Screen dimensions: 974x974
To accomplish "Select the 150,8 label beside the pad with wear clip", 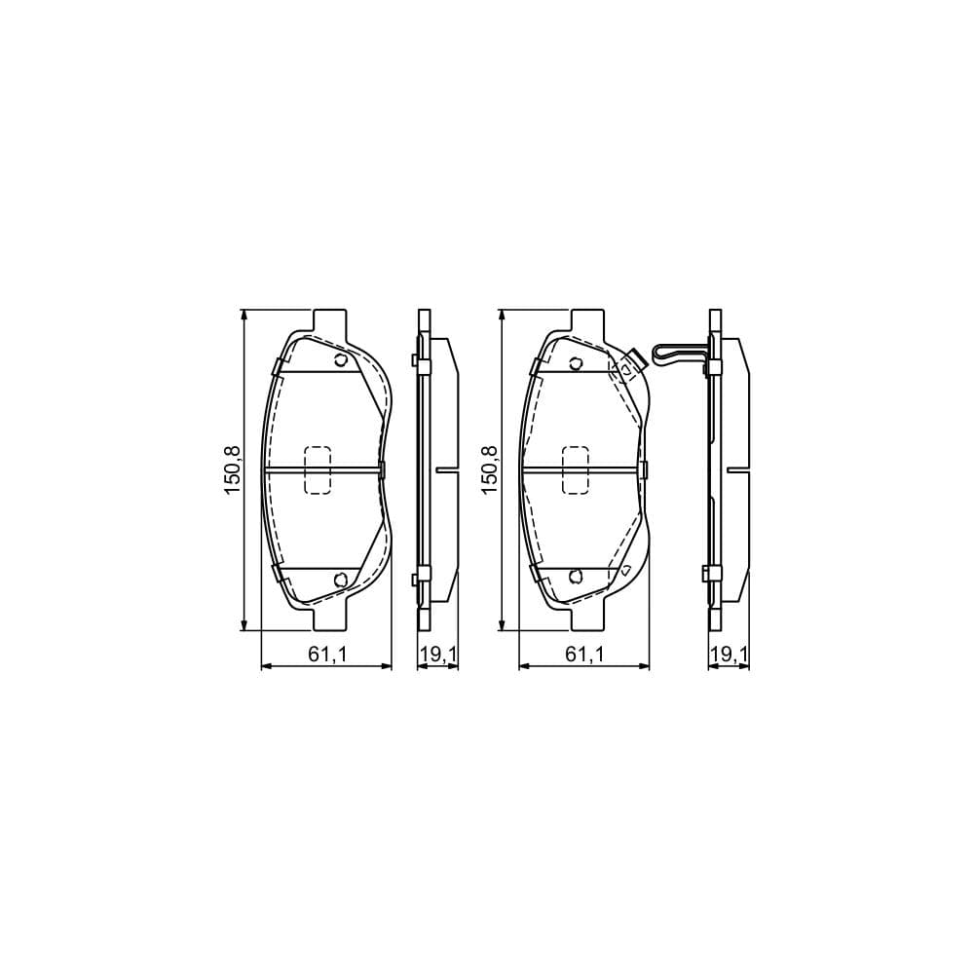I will [490, 469].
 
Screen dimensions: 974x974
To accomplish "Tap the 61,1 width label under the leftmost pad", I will [327, 656].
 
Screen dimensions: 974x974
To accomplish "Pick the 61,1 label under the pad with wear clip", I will [584, 656].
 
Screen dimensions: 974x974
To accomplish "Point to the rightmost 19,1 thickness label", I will [729, 656].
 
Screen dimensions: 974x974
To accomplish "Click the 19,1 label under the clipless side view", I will [437, 656].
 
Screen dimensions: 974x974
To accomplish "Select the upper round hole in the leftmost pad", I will [340, 362].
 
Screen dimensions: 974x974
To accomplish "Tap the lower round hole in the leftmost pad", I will [340, 580].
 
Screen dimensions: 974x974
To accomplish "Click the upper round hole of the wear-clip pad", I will [576, 364].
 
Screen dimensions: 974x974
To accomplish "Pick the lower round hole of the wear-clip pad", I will [576, 578].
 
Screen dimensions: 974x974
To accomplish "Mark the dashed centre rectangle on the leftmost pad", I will [318, 469].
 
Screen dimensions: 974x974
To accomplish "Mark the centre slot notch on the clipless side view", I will [445, 469].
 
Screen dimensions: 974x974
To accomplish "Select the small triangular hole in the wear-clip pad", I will [625, 571].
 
